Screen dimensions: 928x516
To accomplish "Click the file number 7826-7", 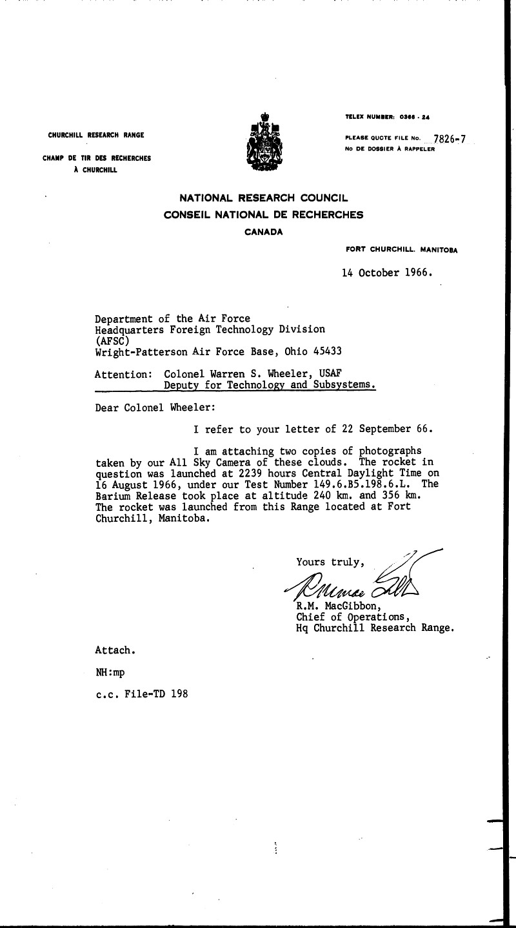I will point(450,138).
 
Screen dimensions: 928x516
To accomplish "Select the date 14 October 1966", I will point(386,273).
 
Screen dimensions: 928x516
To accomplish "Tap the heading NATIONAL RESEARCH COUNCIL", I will point(263,199).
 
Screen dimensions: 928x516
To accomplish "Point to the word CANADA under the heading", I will point(263,232).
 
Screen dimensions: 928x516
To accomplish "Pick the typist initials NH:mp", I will point(110,672).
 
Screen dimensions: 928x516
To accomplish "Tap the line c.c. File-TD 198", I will point(142,696).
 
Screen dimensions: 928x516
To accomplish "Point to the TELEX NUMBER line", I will point(388,117).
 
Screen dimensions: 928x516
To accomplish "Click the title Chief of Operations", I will point(349,617).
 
